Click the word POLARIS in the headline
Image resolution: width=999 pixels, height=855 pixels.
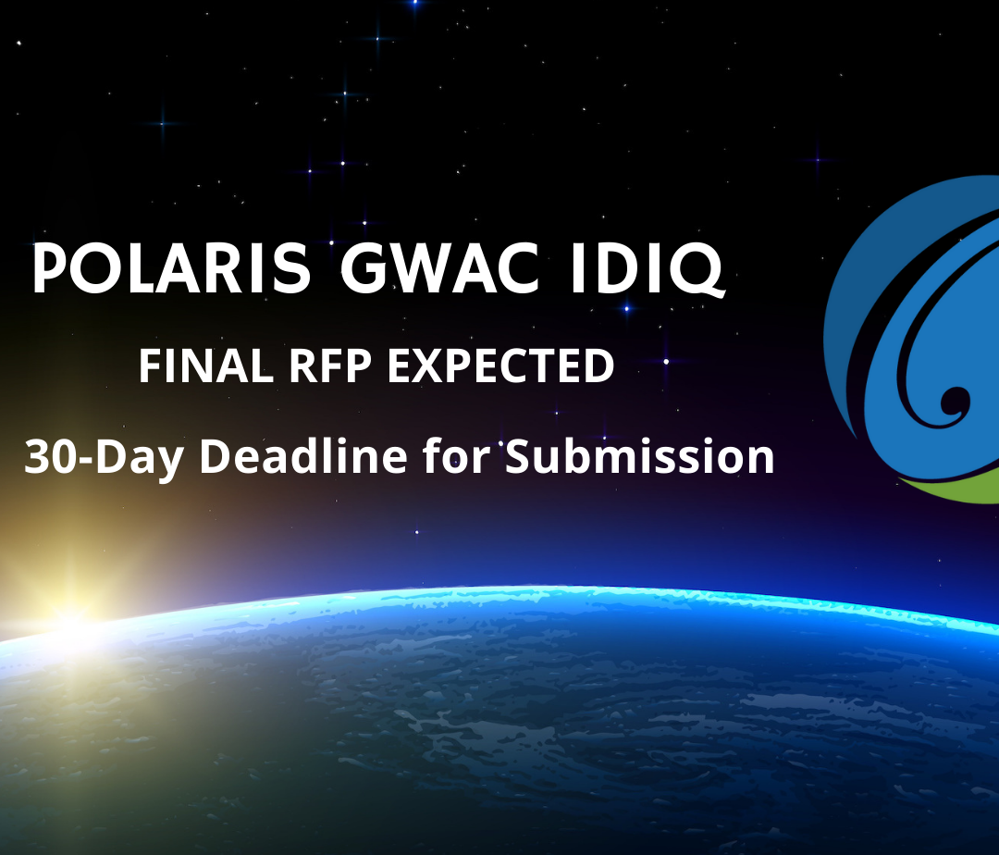click(173, 269)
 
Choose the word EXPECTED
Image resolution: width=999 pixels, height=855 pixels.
click(500, 367)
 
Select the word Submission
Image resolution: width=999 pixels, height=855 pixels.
click(639, 457)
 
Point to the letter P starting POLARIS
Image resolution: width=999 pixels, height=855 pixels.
click(49, 269)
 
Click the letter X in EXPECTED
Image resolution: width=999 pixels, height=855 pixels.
click(425, 367)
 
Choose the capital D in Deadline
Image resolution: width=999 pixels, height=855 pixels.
click(215, 457)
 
